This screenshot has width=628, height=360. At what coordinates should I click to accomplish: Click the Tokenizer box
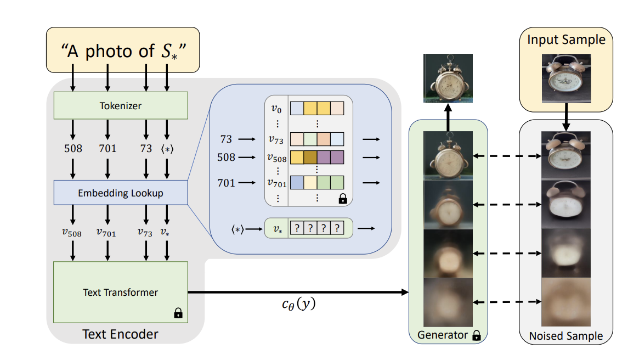121,105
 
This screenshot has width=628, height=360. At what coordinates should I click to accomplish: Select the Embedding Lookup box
121,193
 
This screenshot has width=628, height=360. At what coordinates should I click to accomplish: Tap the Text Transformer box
121,292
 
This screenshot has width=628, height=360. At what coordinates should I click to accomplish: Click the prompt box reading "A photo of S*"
122,50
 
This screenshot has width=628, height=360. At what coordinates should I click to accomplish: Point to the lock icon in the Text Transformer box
178,313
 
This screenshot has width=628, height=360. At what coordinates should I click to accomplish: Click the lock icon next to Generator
477,335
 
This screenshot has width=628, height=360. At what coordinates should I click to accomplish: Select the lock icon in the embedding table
343,199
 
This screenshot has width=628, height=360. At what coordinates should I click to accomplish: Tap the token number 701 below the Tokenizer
108,148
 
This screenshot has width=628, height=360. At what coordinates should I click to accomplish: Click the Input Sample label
566,40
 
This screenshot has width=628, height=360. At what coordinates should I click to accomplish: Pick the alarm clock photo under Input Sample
566,79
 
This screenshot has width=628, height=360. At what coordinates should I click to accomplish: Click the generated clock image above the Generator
448,78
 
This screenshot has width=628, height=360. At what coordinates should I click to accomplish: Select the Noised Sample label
565,336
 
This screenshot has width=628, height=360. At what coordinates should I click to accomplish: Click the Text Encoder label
120,334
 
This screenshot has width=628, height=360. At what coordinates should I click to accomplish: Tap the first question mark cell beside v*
296,228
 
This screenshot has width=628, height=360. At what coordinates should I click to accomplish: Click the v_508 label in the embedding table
276,158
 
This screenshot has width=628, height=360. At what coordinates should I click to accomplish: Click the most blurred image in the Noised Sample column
565,302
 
